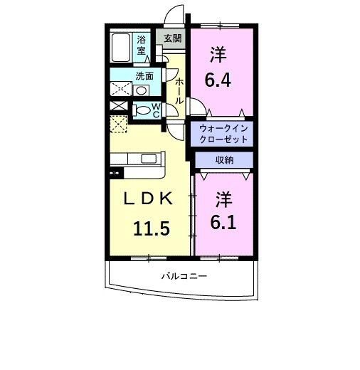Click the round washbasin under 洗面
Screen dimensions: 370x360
142,91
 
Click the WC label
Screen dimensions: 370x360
157,110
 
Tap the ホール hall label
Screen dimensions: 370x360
180,90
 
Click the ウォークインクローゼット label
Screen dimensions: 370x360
223,133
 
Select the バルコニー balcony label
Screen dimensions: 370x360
183,276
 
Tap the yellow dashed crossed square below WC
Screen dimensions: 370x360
117,125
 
